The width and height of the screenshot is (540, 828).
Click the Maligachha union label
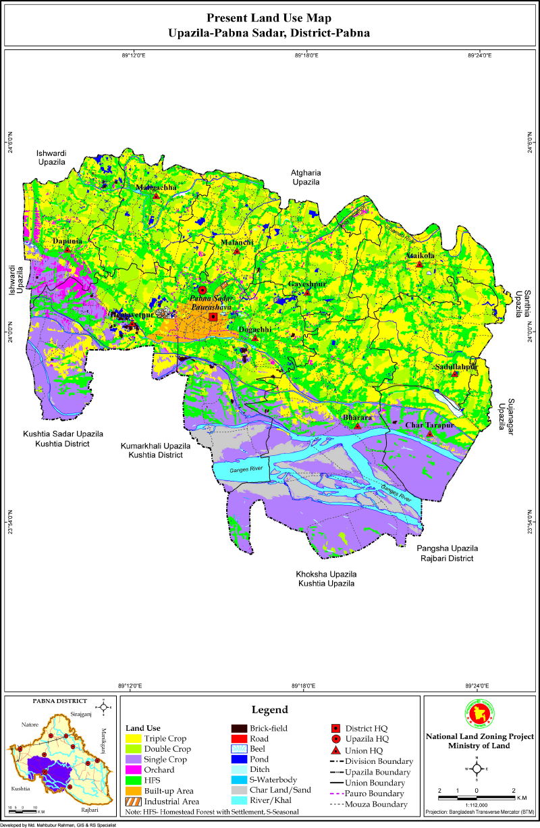(156, 187)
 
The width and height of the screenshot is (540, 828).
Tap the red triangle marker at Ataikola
(419, 264)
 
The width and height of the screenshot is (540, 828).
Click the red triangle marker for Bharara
(358, 426)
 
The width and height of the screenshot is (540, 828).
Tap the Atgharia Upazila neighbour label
(306, 178)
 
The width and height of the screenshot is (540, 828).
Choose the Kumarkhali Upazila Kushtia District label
(155, 450)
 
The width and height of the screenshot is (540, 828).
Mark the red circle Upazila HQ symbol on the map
(202, 290)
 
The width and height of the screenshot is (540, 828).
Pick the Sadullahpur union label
(456, 366)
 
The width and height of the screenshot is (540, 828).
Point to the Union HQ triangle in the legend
(335, 750)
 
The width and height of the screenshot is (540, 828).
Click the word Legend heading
(270, 710)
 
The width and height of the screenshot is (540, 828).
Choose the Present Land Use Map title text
(269, 18)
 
